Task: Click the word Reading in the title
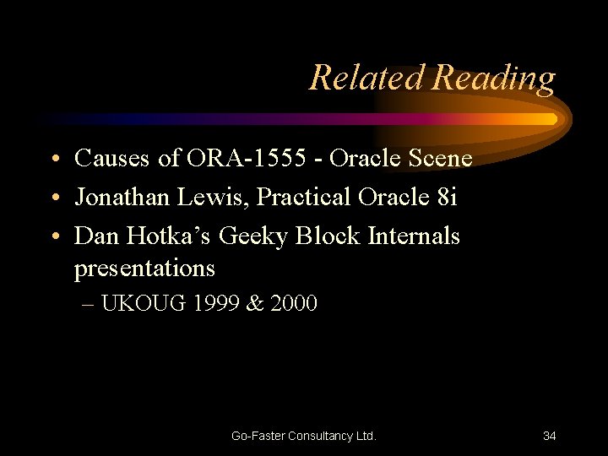tap(493, 79)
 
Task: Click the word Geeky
tap(253, 236)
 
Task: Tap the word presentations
tap(144, 269)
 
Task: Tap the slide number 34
tap(549, 436)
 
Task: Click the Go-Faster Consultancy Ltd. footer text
tap(304, 436)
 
